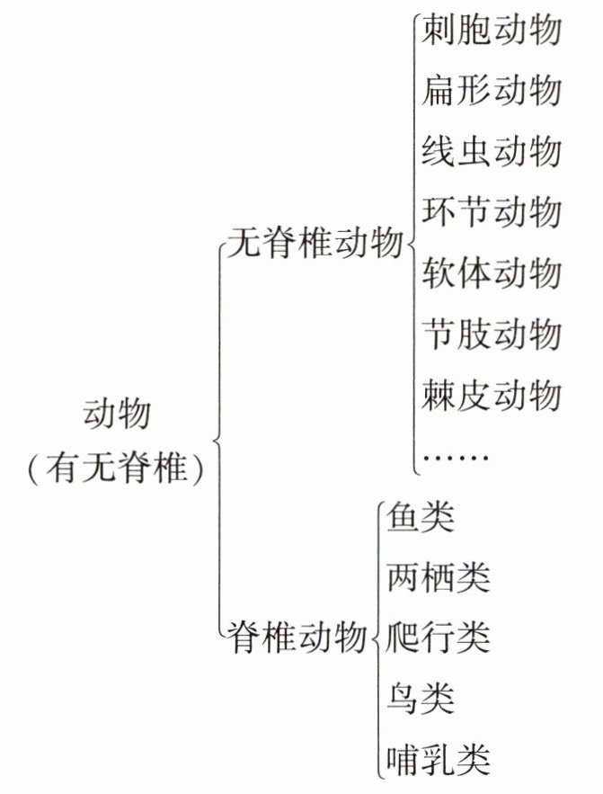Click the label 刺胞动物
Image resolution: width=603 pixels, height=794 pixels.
coord(492,31)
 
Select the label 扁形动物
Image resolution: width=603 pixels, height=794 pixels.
coord(492,91)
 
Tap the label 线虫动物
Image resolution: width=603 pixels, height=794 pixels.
coord(492,151)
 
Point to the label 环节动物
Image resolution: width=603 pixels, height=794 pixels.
coord(492,212)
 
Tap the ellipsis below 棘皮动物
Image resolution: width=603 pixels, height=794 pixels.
coord(455,457)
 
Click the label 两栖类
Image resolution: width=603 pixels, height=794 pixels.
coord(438,578)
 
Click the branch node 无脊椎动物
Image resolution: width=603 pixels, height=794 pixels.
coord(314,243)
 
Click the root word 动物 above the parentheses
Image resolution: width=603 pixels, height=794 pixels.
coord(117,415)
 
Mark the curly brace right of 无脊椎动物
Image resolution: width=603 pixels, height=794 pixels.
coord(412,243)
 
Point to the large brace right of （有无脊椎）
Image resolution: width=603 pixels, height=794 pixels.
coord(217,440)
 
